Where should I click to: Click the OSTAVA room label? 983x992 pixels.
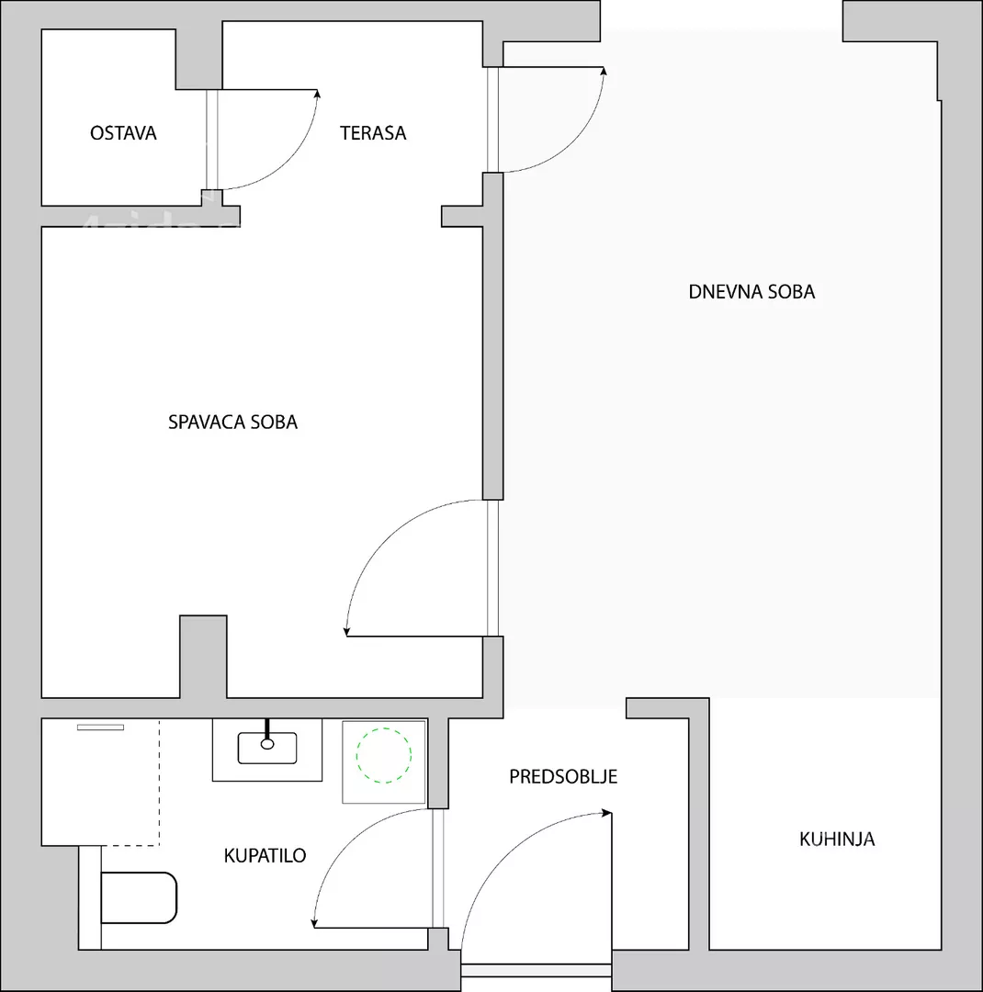coord(123,133)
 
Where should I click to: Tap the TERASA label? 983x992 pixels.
coord(373,133)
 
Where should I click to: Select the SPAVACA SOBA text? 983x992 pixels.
coord(233,422)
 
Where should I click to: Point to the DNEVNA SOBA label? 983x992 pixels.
coord(752,292)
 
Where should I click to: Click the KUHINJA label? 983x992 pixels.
coord(837,839)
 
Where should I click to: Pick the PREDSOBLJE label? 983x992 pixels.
coord(563,776)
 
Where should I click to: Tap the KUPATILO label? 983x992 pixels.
coord(266,855)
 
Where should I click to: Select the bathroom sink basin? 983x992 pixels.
coord(267,749)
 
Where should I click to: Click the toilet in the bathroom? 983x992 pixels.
coord(139,897)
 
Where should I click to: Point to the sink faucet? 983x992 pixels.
coord(267,734)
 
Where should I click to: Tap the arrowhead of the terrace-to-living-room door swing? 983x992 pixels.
coord(604,72)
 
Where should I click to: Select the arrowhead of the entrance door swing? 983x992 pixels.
coord(607,812)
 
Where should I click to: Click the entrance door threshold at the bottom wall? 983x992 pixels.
coord(537,971)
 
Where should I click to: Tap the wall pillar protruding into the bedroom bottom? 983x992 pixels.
coord(203,657)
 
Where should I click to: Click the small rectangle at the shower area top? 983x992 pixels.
coord(101,727)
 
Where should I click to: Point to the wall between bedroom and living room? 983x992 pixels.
coord(493,336)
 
